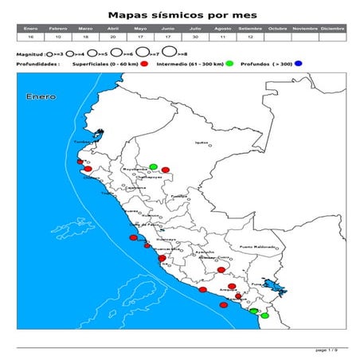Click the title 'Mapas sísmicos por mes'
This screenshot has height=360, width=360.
click(x=180, y=14)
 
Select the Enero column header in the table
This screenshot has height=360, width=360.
click(x=30, y=28)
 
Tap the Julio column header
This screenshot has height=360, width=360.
click(x=195, y=28)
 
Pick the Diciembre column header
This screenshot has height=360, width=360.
click(x=332, y=28)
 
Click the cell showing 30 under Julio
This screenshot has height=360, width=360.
click(x=195, y=37)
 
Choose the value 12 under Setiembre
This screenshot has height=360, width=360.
click(x=250, y=37)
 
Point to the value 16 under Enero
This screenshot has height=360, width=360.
click(x=30, y=37)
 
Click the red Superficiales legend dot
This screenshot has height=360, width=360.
click(x=145, y=63)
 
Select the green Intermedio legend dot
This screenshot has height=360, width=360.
click(x=229, y=63)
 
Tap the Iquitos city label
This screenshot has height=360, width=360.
click(x=202, y=143)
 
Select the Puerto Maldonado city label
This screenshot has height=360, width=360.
click(x=253, y=247)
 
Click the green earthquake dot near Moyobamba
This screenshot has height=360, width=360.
click(x=153, y=166)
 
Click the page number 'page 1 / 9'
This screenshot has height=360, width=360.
click(x=327, y=350)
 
